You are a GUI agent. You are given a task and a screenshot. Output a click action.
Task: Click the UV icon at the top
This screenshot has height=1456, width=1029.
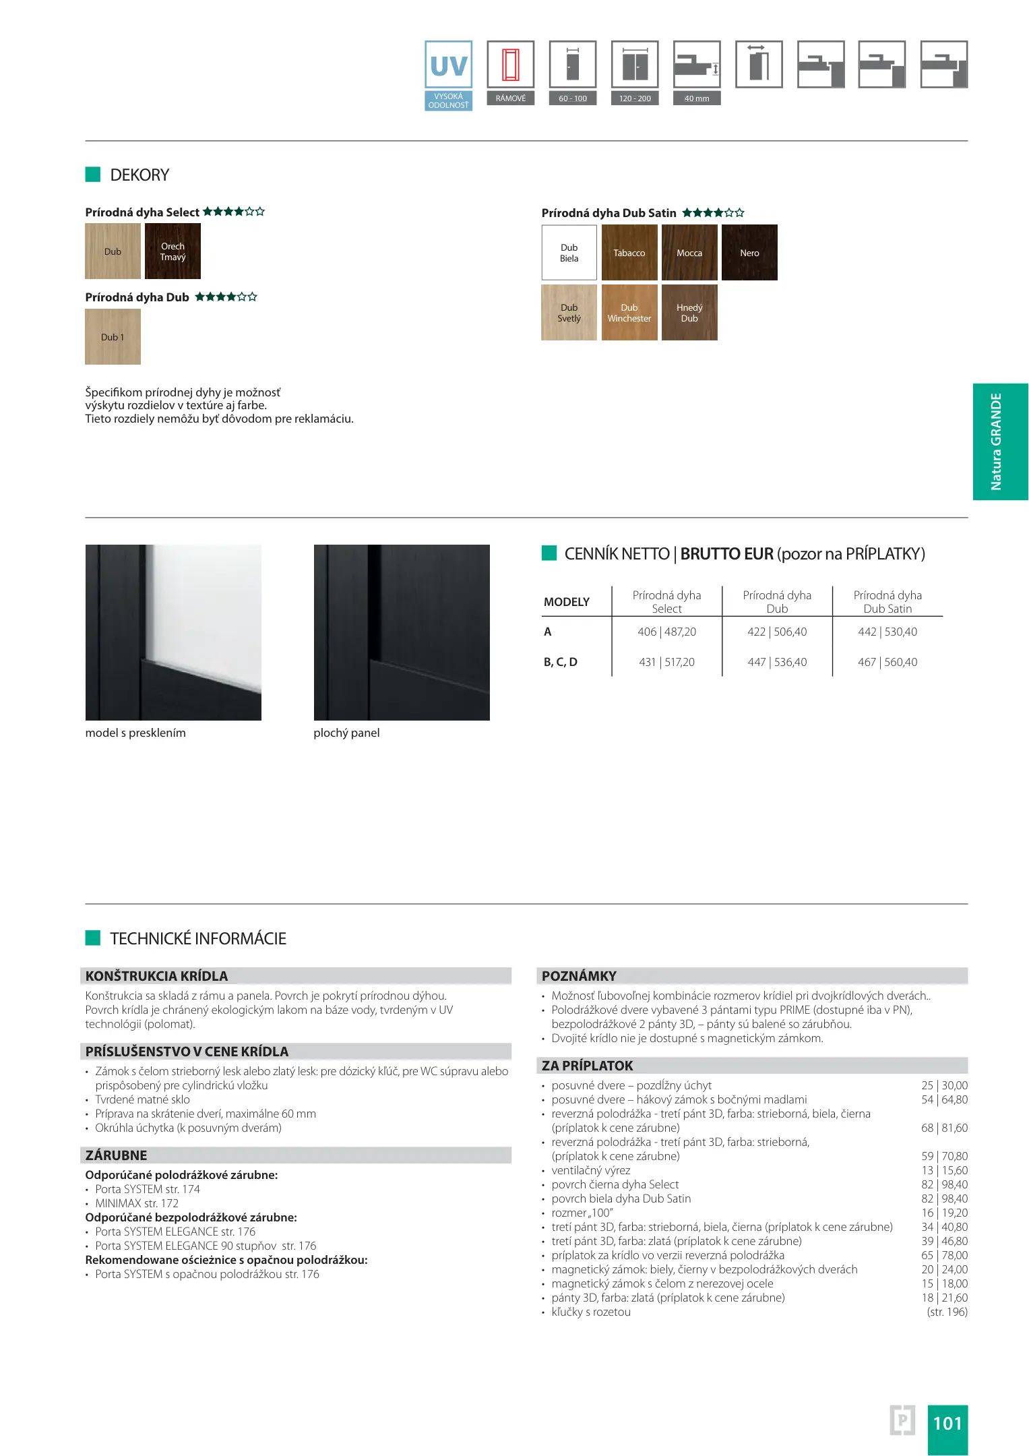tap(448, 65)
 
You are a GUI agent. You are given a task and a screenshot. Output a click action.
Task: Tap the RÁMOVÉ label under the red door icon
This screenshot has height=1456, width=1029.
tap(510, 98)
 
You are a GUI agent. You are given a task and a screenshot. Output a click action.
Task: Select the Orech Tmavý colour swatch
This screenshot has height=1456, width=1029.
tap(173, 251)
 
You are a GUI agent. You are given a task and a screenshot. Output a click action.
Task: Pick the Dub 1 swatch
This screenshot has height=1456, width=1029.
tap(113, 337)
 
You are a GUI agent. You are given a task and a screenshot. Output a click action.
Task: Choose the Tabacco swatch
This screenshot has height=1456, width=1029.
tap(629, 253)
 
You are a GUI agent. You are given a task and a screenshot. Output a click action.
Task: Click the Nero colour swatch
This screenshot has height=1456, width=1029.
tap(749, 253)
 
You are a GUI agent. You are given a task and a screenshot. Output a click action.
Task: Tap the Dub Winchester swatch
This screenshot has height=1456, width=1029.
tap(629, 313)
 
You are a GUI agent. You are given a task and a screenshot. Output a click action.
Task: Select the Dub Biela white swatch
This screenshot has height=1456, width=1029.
tap(569, 253)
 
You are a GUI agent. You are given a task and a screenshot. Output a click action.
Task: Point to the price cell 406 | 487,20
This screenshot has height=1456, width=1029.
tap(666, 632)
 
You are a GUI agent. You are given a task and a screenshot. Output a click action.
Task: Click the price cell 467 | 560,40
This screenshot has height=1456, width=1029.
tap(887, 662)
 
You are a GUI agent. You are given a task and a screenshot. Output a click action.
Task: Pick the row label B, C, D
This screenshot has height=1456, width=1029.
tap(561, 662)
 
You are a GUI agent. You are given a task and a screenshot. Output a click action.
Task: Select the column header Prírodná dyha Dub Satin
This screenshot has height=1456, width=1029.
tap(887, 601)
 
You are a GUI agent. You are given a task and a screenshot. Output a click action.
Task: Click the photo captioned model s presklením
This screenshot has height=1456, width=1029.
tap(173, 632)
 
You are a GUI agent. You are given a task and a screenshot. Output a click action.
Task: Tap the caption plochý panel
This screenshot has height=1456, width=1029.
tap(346, 733)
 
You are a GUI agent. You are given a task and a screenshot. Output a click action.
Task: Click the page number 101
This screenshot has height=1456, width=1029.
tap(947, 1423)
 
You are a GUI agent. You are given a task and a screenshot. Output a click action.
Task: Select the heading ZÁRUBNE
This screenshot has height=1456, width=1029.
tap(116, 1155)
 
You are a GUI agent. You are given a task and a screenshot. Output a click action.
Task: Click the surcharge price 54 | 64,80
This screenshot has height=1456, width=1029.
tap(944, 1099)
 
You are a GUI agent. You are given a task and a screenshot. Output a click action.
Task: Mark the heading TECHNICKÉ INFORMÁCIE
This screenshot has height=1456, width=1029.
tap(198, 938)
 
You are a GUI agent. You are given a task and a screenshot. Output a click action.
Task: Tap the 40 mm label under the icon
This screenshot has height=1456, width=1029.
tap(696, 98)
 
